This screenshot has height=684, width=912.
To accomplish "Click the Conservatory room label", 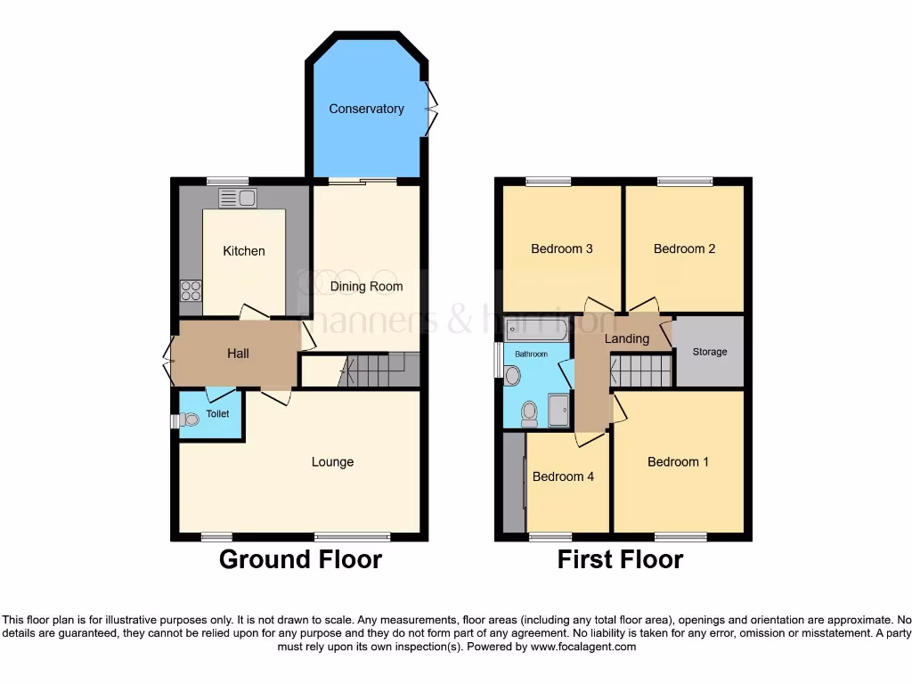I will [x=366, y=109].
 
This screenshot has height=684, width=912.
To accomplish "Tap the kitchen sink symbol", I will [x=238, y=198].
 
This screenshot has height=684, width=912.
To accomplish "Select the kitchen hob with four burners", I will [x=191, y=290].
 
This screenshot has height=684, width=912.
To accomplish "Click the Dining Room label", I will [x=366, y=286].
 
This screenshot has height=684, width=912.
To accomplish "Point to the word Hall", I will [x=238, y=354].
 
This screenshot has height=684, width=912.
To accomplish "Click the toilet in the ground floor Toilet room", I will [x=189, y=420].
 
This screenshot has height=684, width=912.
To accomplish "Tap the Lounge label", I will [x=332, y=461].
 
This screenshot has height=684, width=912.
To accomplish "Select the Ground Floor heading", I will [x=300, y=559].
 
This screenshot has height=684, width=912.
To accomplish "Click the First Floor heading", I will [x=620, y=559].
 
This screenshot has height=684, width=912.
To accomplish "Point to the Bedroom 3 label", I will [x=561, y=248].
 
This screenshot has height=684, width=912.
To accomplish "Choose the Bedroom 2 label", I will [x=684, y=248].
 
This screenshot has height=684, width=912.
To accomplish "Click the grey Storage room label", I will [x=710, y=352].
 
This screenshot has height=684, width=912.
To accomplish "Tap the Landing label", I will [x=626, y=338].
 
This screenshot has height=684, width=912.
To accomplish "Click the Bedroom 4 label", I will [x=563, y=476].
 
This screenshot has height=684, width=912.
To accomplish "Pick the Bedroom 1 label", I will [x=678, y=461].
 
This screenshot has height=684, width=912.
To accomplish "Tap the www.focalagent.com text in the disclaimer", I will [x=582, y=647].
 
